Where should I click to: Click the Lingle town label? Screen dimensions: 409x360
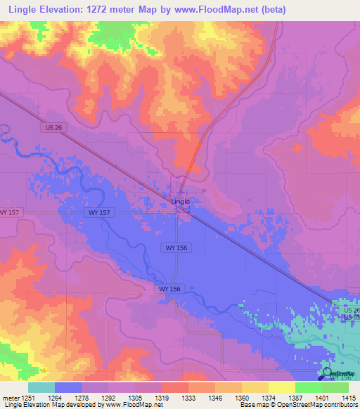pyautogui.click(x=181, y=202)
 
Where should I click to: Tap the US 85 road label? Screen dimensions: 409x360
pyautogui.click(x=351, y=318)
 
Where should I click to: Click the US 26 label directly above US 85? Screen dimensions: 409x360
pyautogui.click(x=351, y=309)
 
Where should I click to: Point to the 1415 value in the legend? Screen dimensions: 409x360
pyautogui.click(x=349, y=398)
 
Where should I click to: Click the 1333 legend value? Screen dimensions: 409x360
pyautogui.click(x=174, y=398)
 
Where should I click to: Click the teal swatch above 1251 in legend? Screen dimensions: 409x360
pyautogui.click(x=41, y=387)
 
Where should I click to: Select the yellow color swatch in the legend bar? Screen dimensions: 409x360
pyautogui.click(x=281, y=387)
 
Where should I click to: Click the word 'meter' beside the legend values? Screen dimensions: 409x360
pyautogui.click(x=11, y=398)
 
